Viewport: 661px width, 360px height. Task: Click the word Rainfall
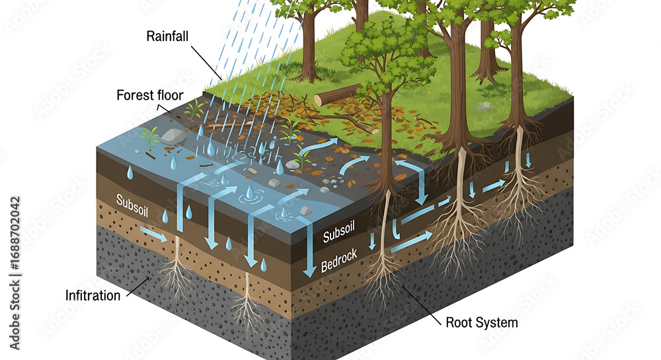click(168, 36)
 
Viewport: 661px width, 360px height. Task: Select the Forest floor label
click(150, 94)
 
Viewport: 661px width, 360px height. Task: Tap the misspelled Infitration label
click(93, 295)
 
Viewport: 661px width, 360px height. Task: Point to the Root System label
click(482, 323)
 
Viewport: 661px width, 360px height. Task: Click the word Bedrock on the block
click(339, 261)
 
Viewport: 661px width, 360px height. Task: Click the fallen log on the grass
click(338, 94)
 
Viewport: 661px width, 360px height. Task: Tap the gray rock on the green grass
click(484, 106)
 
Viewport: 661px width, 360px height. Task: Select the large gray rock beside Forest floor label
click(172, 136)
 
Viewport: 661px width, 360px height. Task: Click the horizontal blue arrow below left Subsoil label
click(153, 233)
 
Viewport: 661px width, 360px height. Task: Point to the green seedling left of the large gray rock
click(150, 137)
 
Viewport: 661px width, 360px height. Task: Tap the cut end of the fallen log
click(319, 100)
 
